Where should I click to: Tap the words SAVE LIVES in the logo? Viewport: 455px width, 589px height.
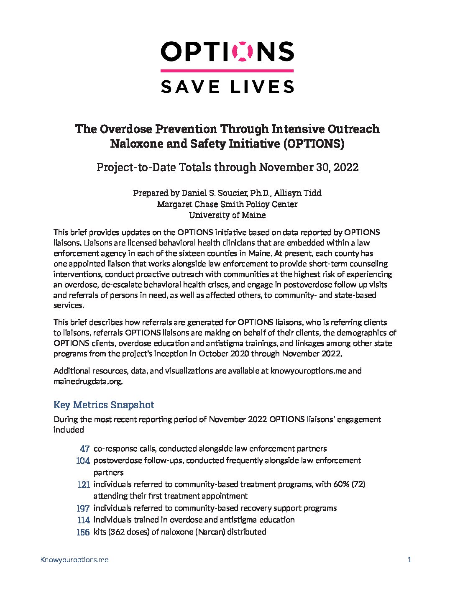(x=227, y=87)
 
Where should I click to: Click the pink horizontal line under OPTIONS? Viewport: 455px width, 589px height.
(x=227, y=71)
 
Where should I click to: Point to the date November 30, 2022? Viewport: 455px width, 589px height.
(x=309, y=167)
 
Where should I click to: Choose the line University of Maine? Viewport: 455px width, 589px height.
(x=227, y=215)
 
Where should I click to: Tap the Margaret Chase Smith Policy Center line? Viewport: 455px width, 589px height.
(x=227, y=204)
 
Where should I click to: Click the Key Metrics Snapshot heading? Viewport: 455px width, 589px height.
(x=104, y=405)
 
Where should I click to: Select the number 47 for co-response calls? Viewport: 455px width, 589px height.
(x=85, y=449)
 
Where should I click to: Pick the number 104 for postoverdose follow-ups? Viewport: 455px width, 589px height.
(x=83, y=461)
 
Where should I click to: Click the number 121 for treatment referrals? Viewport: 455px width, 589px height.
(x=84, y=484)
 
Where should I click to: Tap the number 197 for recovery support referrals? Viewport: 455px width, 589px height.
(x=83, y=508)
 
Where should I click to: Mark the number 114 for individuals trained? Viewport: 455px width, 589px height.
(x=84, y=520)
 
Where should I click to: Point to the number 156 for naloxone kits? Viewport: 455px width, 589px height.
(x=83, y=532)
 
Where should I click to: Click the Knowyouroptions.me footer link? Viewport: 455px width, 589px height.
(x=74, y=560)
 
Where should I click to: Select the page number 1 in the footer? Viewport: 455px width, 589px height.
(x=409, y=560)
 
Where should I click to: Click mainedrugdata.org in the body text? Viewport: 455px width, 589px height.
(x=88, y=381)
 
